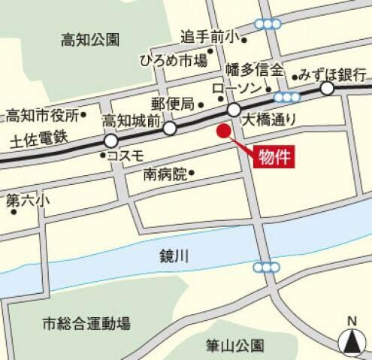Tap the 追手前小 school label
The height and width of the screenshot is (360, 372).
pyautogui.click(x=208, y=35)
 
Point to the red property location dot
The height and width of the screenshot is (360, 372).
pyautogui.click(x=222, y=131)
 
